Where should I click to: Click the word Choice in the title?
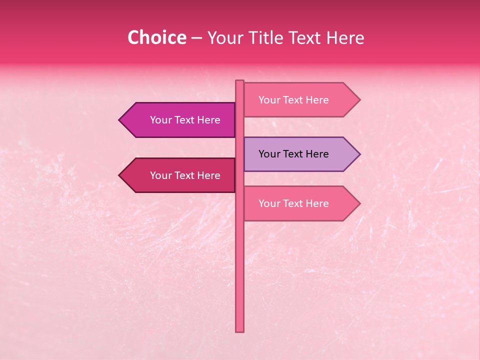click(156, 38)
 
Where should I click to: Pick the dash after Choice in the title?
click(196, 38)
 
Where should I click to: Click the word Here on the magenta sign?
click(208, 120)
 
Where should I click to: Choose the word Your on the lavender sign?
click(269, 154)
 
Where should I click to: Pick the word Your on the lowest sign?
click(269, 203)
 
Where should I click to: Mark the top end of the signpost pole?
click(239, 81)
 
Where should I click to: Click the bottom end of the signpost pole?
click(239, 331)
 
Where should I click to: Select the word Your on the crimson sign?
click(160, 175)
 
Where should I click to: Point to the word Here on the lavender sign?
click(316, 154)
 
